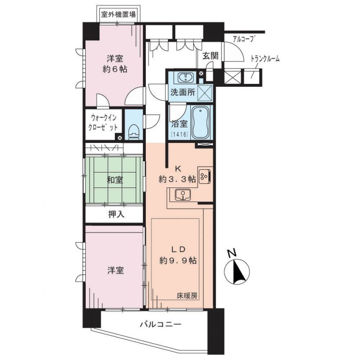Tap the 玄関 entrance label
pyautogui.click(x=210, y=55)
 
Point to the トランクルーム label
pyautogui.click(x=266, y=59)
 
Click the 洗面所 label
pyautogui.click(x=182, y=93)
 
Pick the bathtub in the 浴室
pyautogui.click(x=201, y=121)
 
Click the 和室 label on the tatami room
pyautogui.click(x=115, y=180)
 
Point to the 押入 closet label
pyautogui.click(x=114, y=215)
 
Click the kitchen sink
pyautogui.click(x=181, y=195)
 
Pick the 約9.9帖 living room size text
pyautogui.click(x=177, y=260)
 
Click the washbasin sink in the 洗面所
pyautogui.click(x=185, y=77)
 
